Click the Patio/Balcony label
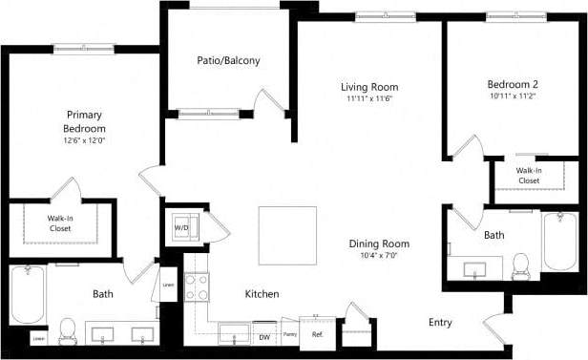click(228, 60)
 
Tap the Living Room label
click(369, 87)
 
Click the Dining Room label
click(378, 243)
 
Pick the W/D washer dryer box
click(181, 229)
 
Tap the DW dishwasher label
click(263, 336)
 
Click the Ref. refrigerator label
click(318, 335)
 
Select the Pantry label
click(290, 335)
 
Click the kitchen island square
click(288, 236)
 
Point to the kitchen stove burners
click(198, 287)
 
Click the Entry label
click(440, 323)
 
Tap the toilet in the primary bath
click(68, 330)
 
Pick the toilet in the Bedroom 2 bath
click(520, 266)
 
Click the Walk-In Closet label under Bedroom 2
click(528, 176)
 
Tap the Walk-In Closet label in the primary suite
click(61, 222)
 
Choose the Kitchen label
click(262, 294)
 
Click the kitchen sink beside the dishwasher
click(235, 334)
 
